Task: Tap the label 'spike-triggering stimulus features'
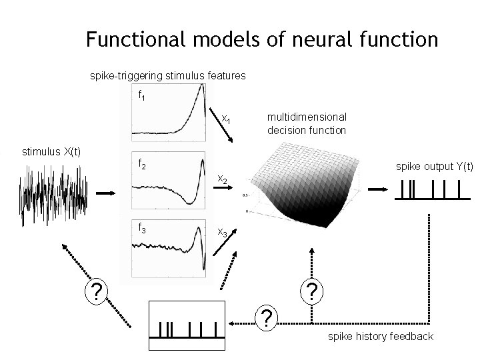coord(167,77)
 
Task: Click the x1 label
coord(226,120)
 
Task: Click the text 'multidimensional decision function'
coord(307,123)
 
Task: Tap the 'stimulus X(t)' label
coord(51,151)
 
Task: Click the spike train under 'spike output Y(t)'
coord(429,191)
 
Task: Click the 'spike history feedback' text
coord(380,336)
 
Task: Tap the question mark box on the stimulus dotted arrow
coord(97,291)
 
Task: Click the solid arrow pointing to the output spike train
coord(377,189)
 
